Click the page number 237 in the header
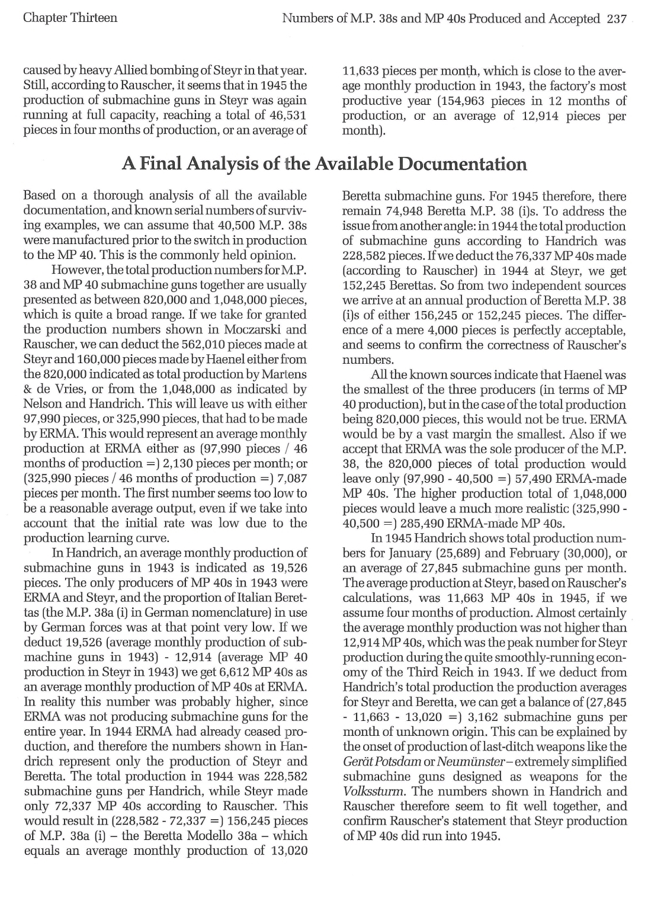pos(617,18)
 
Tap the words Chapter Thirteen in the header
pos(70,18)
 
